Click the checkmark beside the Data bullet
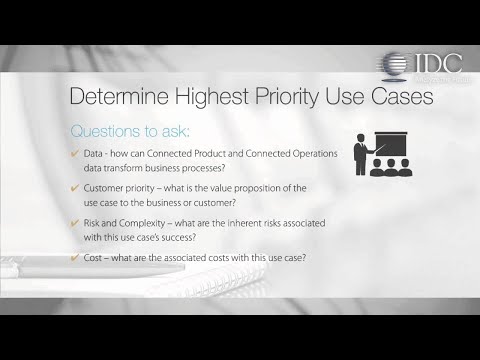click(75, 153)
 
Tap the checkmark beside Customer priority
click(75, 189)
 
